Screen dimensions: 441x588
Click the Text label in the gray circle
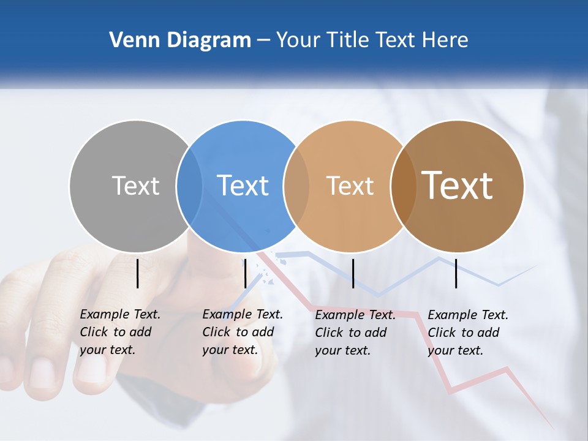(135, 186)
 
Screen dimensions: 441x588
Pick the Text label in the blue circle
(243, 186)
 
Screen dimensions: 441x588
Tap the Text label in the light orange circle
(350, 186)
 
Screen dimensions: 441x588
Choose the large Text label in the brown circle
(458, 186)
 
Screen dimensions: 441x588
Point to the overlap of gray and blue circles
(189, 186)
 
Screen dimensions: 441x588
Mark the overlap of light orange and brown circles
(403, 186)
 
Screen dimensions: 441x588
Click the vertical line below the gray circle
(138, 273)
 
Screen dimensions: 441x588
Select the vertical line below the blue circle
(245, 273)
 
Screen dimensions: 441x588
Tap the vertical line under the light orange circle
(353, 273)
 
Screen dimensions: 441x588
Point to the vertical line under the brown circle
(456, 273)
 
